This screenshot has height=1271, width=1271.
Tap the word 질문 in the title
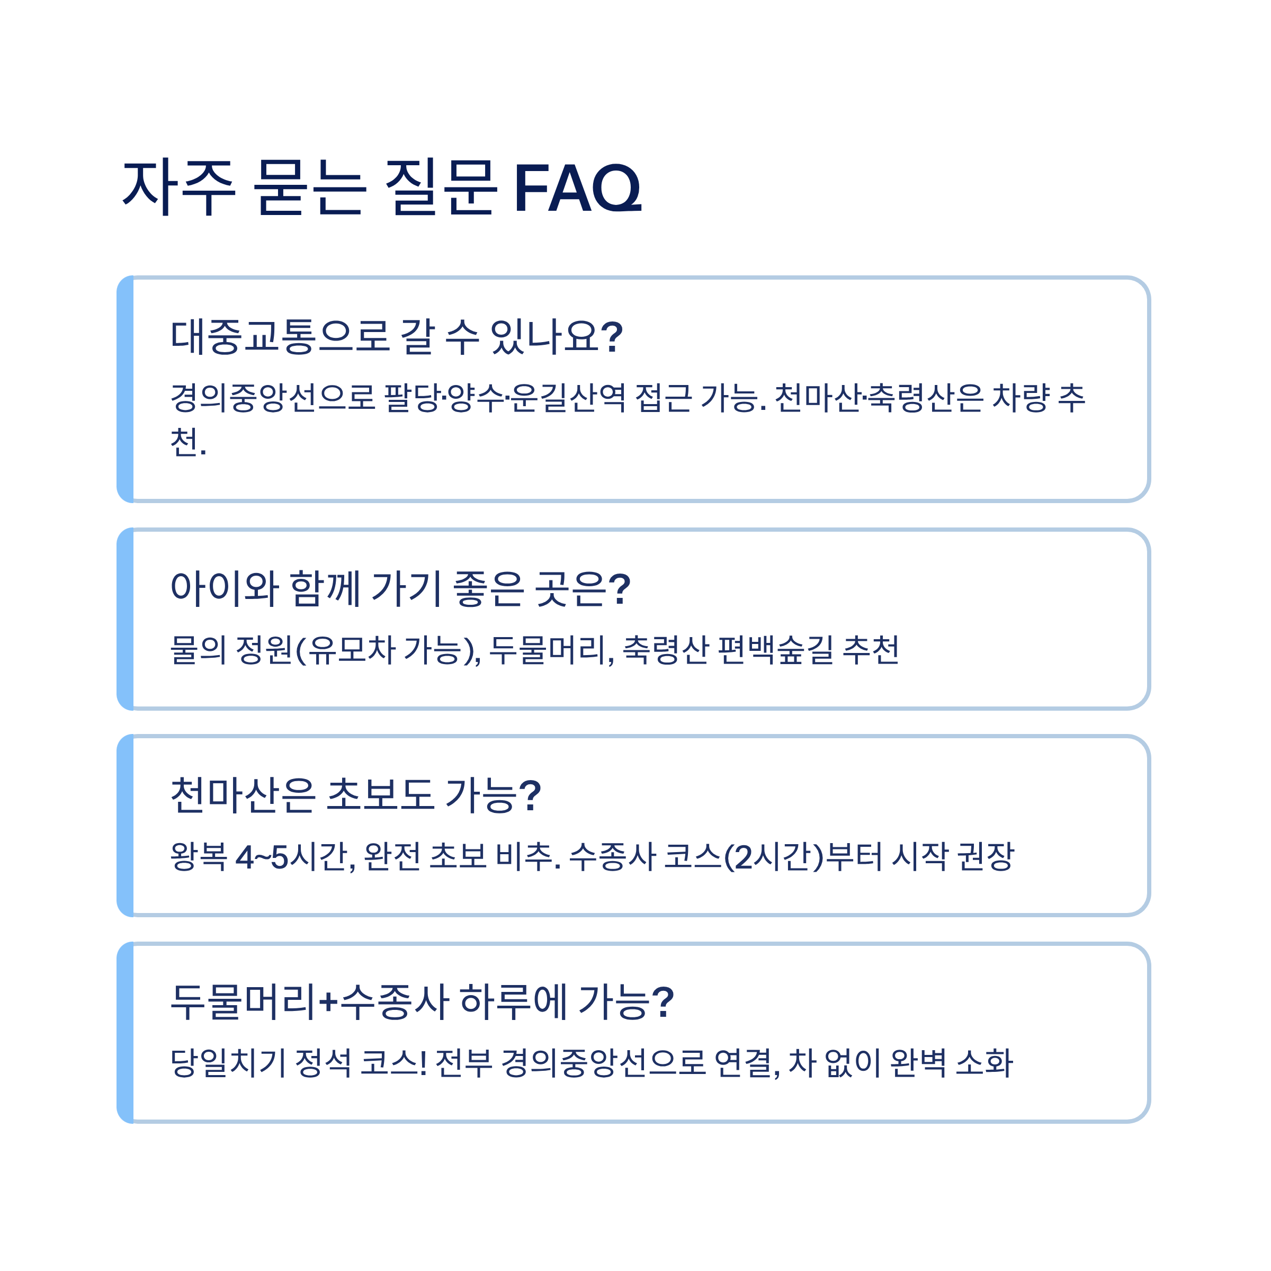tap(439, 189)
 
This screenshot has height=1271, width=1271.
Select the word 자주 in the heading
tap(179, 189)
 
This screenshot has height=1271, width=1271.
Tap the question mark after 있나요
tap(612, 336)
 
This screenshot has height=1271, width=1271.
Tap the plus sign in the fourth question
tap(328, 1002)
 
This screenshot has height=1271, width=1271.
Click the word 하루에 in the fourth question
tap(513, 1002)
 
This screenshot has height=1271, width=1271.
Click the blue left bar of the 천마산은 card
tap(126, 826)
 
